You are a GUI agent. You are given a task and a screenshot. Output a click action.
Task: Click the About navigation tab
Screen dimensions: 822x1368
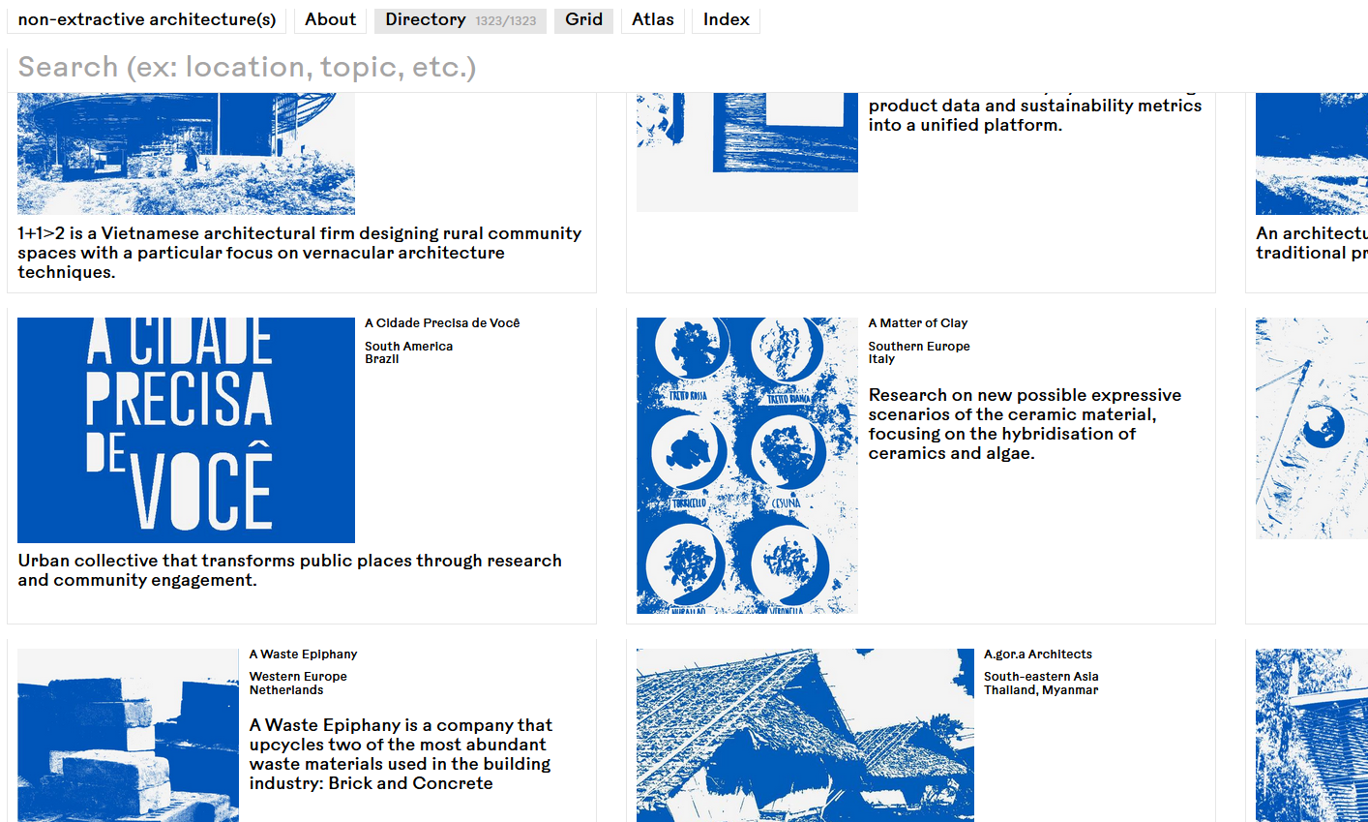click(330, 19)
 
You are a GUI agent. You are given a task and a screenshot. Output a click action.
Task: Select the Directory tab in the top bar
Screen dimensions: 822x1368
click(426, 19)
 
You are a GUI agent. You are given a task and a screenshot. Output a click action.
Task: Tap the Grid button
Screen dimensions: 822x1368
click(583, 19)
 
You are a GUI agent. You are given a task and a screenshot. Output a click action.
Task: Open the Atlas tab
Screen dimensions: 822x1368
click(653, 19)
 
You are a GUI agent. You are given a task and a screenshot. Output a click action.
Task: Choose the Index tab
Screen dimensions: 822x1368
click(726, 19)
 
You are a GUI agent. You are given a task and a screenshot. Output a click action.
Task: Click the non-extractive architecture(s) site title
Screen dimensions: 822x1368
click(147, 19)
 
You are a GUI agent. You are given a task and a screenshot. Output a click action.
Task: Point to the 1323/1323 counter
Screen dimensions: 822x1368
click(505, 21)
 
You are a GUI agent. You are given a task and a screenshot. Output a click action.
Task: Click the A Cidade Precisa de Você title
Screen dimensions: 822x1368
click(442, 323)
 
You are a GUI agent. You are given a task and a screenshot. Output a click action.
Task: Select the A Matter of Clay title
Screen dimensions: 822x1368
click(917, 323)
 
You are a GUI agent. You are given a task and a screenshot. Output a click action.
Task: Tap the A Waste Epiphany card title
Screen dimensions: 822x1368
click(303, 655)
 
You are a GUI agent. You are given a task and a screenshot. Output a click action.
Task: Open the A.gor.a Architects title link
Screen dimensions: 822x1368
click(1037, 655)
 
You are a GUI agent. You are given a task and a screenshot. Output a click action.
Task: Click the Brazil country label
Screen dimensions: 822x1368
click(381, 359)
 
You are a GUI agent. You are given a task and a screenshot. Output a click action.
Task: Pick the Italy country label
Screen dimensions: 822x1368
click(881, 359)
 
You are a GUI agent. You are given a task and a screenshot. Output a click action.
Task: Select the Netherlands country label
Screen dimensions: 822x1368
click(286, 690)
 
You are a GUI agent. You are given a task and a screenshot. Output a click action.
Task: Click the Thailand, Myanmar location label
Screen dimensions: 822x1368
click(1041, 690)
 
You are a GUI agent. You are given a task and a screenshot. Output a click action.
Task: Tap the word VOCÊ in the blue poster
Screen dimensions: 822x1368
click(203, 484)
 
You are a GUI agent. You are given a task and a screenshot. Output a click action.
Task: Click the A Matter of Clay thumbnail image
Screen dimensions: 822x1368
click(747, 466)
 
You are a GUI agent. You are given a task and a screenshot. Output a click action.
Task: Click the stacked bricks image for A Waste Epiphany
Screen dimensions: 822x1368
click(128, 735)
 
